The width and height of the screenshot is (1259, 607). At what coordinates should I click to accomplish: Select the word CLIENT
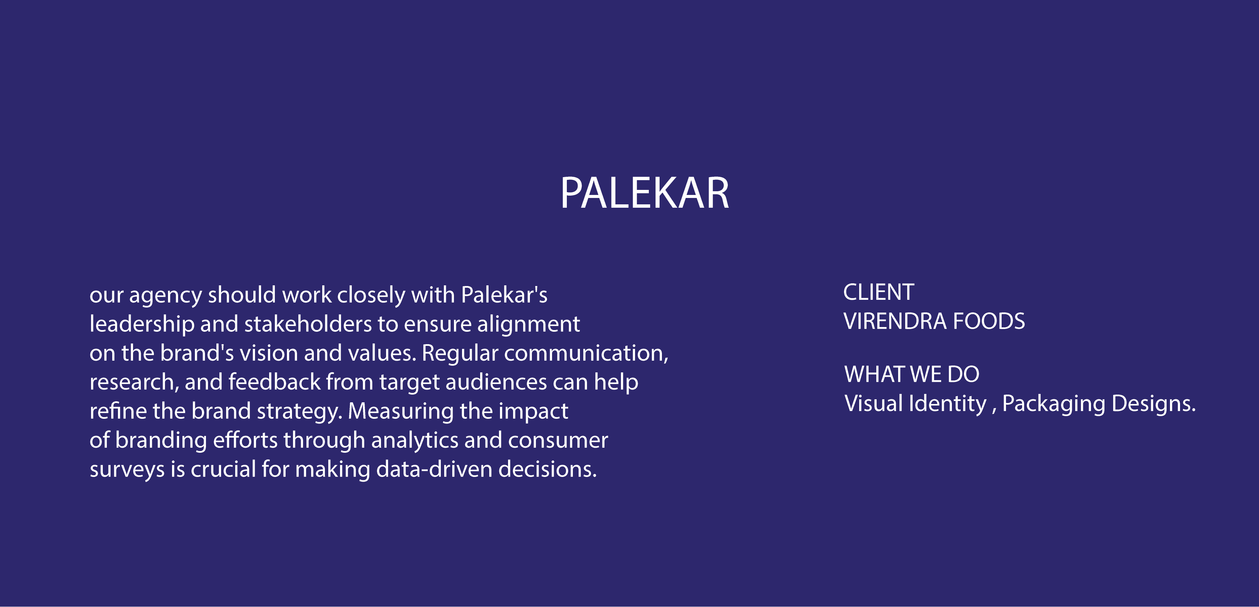pos(879,292)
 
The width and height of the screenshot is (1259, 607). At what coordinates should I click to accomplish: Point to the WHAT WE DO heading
pos(912,374)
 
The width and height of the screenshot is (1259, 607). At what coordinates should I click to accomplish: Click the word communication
pos(586,353)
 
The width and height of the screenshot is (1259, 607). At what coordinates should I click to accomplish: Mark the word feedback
pos(274,382)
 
